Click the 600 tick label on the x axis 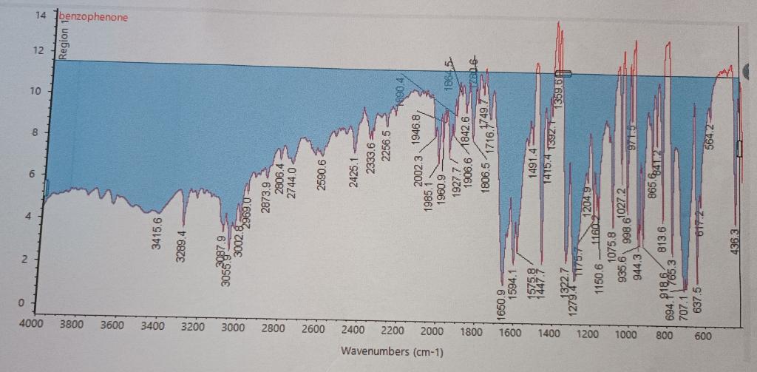tap(703, 337)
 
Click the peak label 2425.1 tap(353, 172)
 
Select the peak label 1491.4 tap(532, 162)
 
